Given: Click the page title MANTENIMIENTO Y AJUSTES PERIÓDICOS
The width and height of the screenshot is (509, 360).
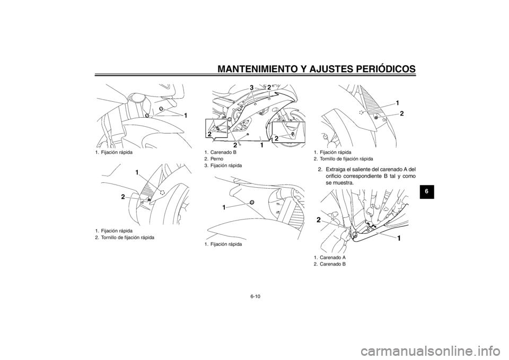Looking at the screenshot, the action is (x=317, y=68).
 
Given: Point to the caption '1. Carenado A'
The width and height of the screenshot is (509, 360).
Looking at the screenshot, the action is (x=329, y=257).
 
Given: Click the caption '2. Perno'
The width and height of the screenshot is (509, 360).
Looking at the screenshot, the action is (x=214, y=159).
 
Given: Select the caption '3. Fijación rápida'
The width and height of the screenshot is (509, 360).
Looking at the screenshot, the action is (x=223, y=165).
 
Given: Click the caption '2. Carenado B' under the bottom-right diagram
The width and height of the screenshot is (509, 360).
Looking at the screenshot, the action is (x=329, y=264).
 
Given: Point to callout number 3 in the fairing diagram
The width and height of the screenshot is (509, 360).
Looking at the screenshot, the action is (x=251, y=87).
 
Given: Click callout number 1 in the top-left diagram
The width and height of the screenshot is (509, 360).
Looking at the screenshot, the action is (x=186, y=116).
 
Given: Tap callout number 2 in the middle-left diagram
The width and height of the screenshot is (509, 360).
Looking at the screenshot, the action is (x=124, y=196).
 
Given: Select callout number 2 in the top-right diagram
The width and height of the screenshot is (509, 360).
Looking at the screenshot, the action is (x=402, y=113).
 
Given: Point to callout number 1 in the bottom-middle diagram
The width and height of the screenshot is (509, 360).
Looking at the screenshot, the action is (x=224, y=207).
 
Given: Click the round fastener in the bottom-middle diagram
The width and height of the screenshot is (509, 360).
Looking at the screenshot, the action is (x=251, y=202).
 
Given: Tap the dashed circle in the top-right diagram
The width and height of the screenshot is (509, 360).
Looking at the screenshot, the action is (x=361, y=112).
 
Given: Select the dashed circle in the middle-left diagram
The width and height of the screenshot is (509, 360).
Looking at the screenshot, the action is (x=163, y=192).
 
